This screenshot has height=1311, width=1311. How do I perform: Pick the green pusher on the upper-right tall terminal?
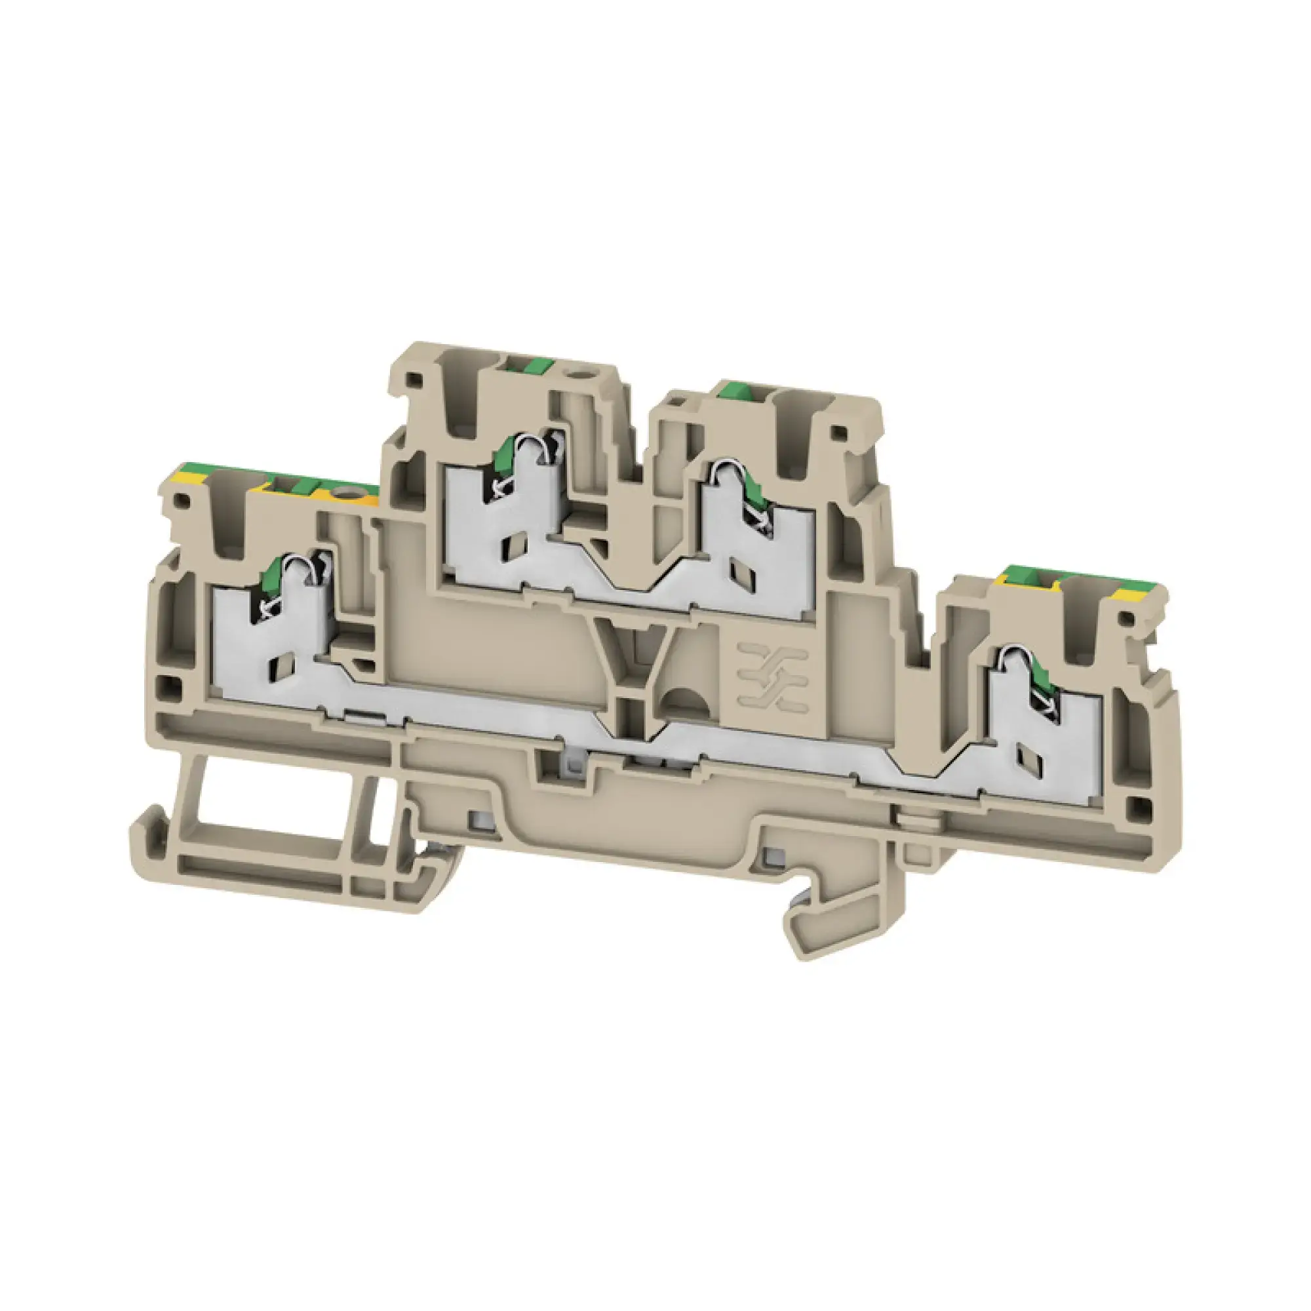[x=743, y=389]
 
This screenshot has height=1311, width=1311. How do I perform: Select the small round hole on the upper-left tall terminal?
[x=580, y=372]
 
